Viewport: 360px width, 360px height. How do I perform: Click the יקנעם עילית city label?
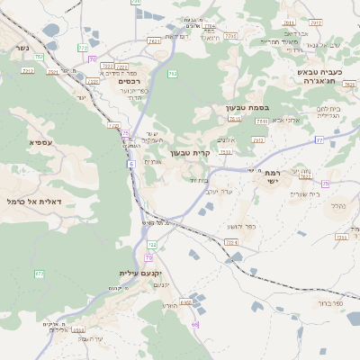pos(139,273)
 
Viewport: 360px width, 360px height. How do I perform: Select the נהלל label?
pos(337,206)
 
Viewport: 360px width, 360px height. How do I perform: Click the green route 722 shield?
pos(152,245)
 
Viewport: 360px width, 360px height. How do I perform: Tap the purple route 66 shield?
pos(195,324)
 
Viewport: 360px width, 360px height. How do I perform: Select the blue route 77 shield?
pos(319,139)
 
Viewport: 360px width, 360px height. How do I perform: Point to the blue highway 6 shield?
pos(130,164)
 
